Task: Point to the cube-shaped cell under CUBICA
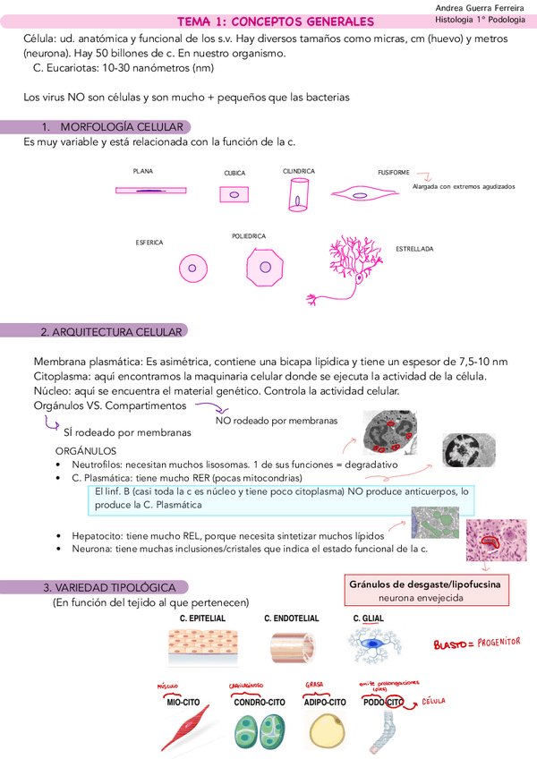[x=234, y=193]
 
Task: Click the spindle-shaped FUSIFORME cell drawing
[x=367, y=192]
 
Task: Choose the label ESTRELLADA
[x=414, y=249]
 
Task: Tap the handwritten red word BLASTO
[x=452, y=644]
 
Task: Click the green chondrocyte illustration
[x=260, y=730]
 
